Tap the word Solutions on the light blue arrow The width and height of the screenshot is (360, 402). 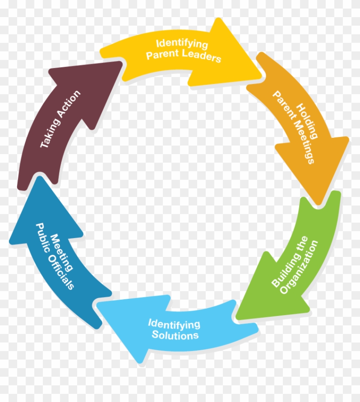pyautogui.click(x=175, y=334)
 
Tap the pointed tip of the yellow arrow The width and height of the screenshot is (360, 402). pyautogui.click(x=261, y=79)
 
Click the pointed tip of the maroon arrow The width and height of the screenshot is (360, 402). pyautogui.click(x=122, y=62)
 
